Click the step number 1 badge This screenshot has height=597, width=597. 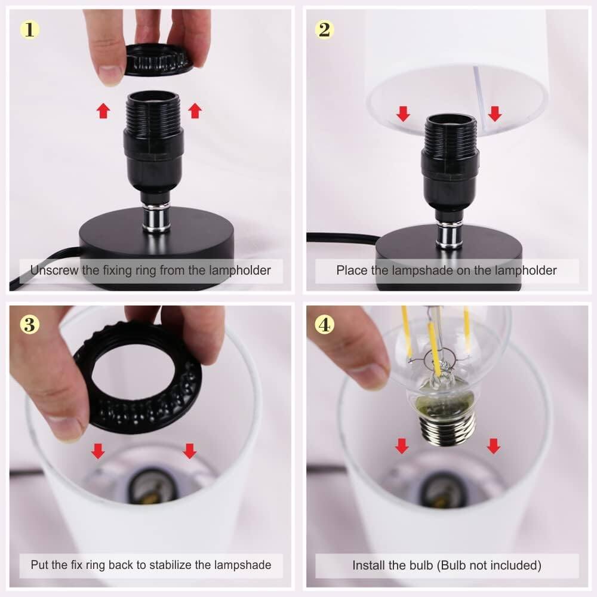(29, 29)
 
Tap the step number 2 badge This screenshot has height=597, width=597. (324, 29)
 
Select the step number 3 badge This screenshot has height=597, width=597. (29, 325)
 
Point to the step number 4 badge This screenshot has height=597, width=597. (324, 325)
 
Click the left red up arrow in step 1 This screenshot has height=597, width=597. (103, 110)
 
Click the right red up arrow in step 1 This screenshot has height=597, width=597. (195, 110)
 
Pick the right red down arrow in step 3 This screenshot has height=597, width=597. (190, 451)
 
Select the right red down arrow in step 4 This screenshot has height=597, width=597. (493, 445)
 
